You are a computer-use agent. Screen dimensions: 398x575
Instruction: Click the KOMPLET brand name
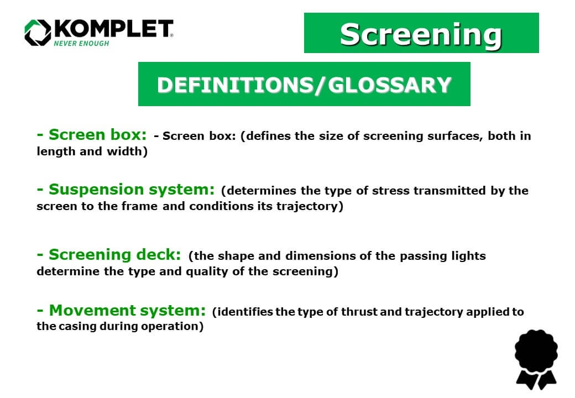coord(113,29)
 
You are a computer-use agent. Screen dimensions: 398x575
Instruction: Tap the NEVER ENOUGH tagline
coord(81,43)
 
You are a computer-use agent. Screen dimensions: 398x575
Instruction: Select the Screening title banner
coord(421,33)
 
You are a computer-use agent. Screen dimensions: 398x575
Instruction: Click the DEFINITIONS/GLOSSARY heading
coord(304,84)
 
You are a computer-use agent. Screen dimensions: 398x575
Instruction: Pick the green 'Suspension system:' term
coord(126,190)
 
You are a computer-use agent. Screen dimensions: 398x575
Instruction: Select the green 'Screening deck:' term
coord(109,255)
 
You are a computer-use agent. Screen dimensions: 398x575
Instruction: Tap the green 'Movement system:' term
coord(121,311)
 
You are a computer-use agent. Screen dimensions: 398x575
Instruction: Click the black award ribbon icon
coord(536,359)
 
